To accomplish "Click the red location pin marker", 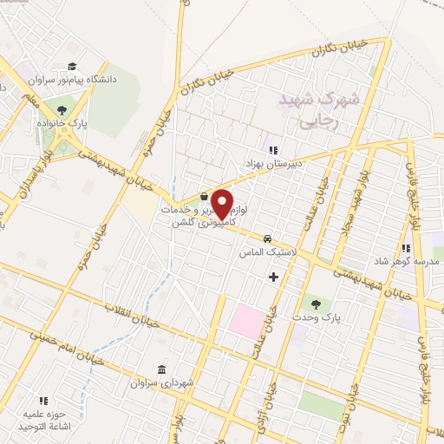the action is (222, 205).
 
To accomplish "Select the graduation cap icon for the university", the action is (73, 67).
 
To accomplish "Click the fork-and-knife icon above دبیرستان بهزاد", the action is (273, 150).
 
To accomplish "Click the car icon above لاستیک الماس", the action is (268, 238).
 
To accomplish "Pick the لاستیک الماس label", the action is (268, 251).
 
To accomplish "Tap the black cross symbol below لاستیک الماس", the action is (274, 277).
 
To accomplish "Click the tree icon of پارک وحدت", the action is (315, 304).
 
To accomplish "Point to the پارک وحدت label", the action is (313, 317).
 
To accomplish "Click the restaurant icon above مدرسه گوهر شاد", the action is (405, 249).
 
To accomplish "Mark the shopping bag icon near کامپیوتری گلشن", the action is (203, 196).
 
